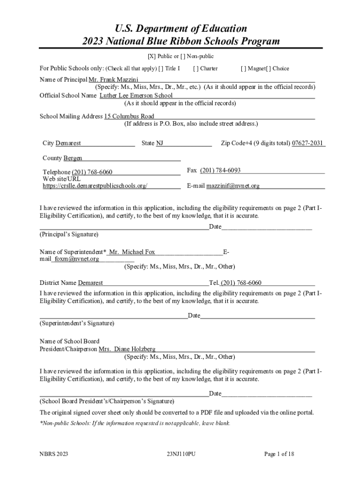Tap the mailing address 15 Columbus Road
click(x=129, y=116)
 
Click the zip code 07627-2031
click(x=308, y=143)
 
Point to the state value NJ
click(x=159, y=143)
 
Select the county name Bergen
click(x=72, y=158)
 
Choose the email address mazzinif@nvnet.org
click(x=233, y=186)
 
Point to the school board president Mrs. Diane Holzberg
click(x=127, y=349)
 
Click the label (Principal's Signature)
click(x=69, y=234)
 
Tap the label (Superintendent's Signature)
click(x=77, y=323)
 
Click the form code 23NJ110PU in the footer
click(x=180, y=454)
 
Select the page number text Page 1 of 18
click(x=279, y=454)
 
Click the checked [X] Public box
click(x=151, y=56)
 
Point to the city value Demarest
click(x=68, y=143)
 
